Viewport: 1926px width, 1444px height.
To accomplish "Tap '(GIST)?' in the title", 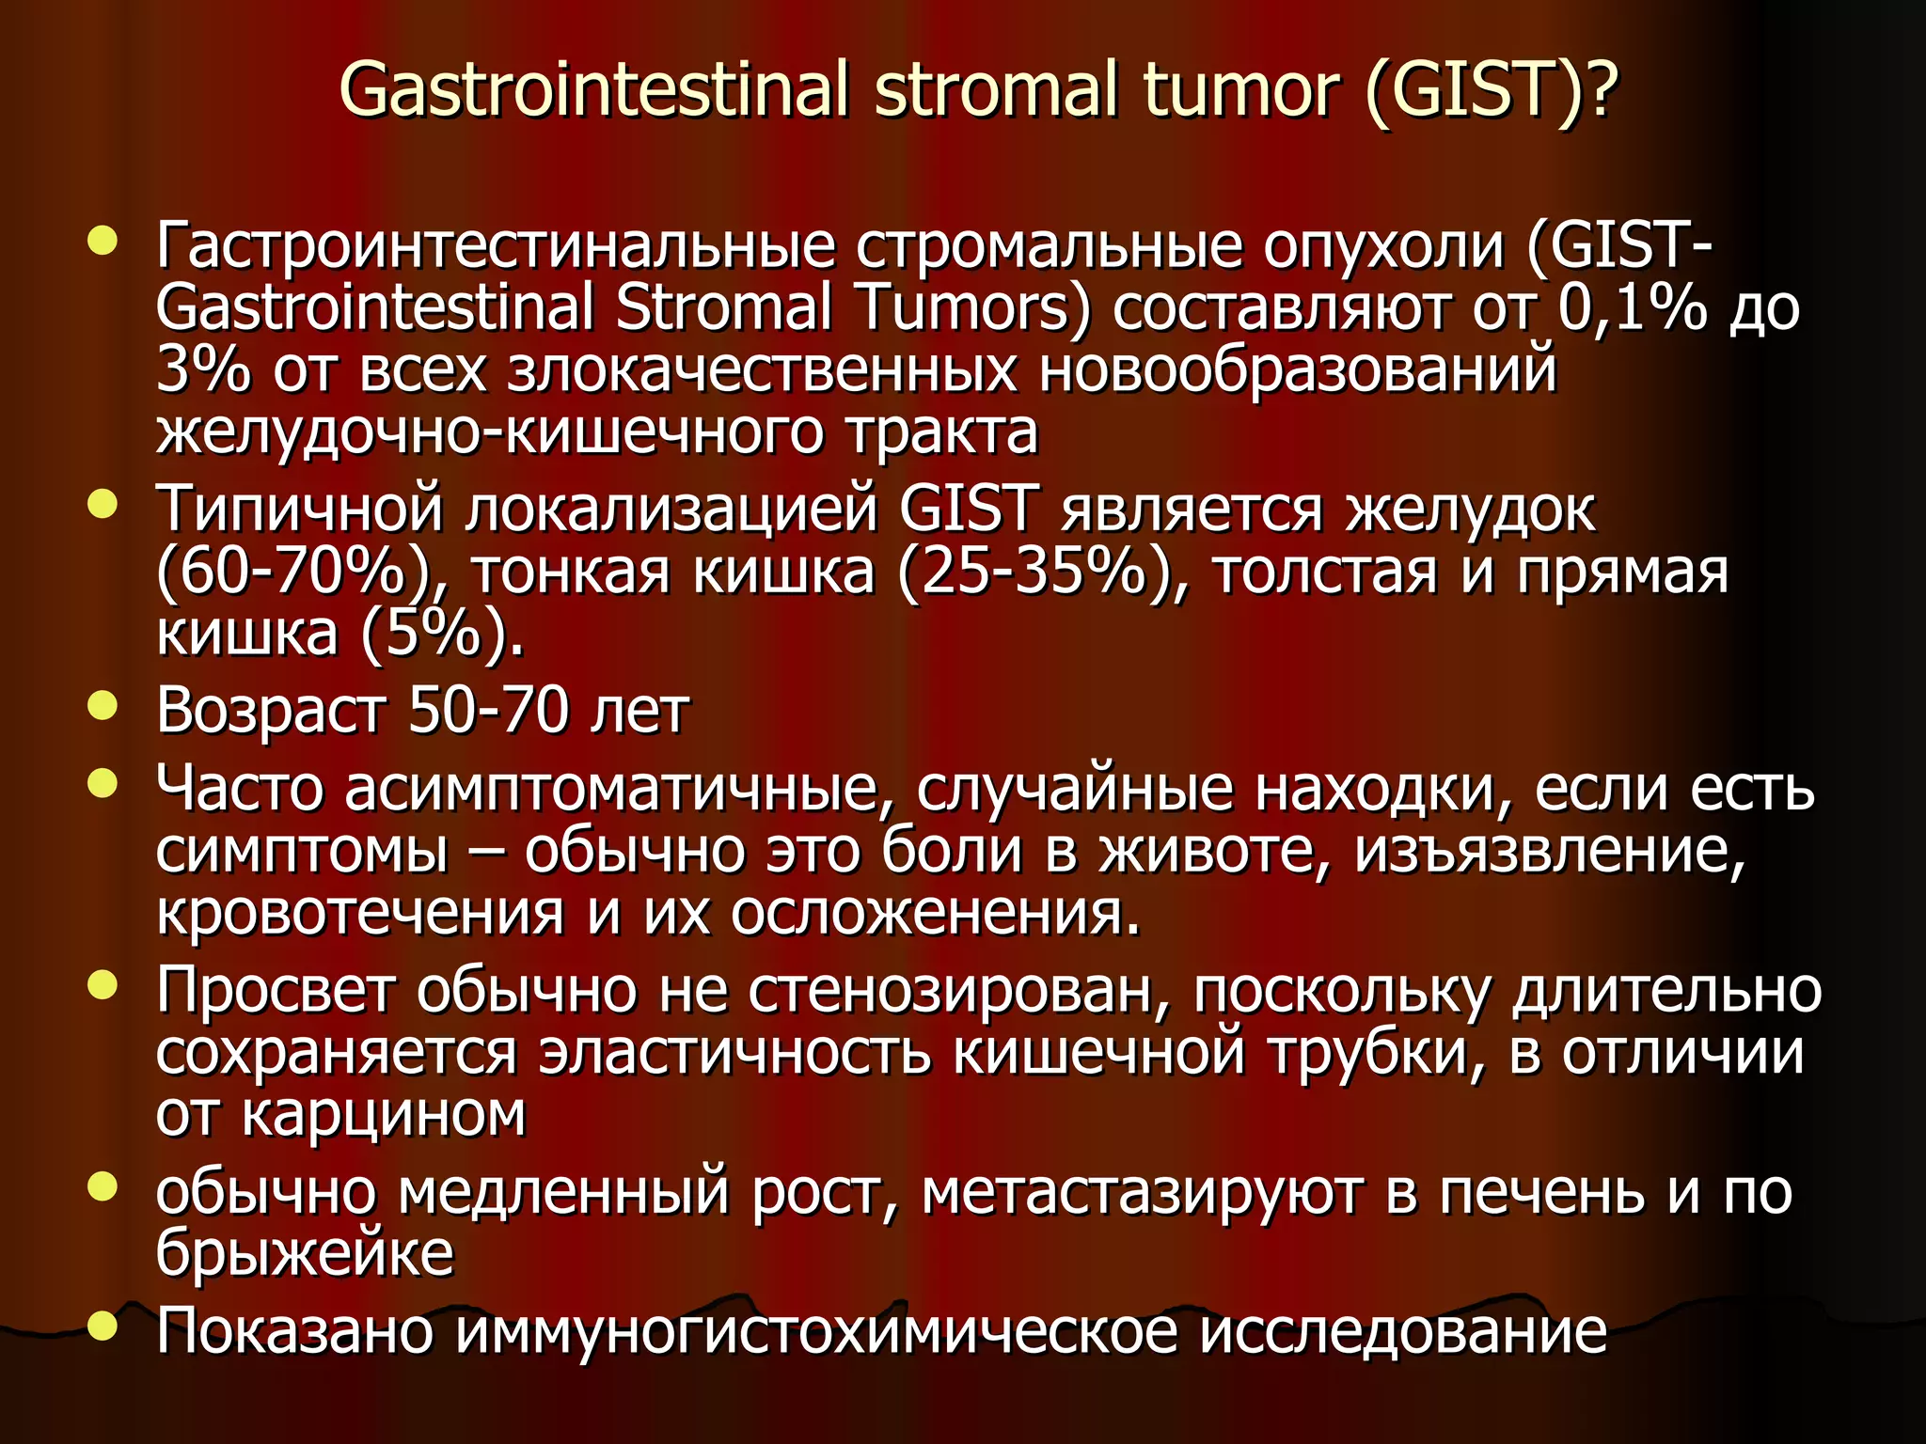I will (1491, 89).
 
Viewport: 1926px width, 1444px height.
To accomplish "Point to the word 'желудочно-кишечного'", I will (489, 432).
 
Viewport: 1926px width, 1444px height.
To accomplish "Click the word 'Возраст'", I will (271, 710).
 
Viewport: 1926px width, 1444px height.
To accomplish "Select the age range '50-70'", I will (488, 710).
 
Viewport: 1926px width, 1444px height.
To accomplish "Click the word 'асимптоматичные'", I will (610, 788).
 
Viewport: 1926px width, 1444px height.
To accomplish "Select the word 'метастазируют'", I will (1142, 1192).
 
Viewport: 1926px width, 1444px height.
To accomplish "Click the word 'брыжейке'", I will (305, 1253).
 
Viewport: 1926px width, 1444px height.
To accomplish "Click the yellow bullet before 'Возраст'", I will (103, 705).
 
